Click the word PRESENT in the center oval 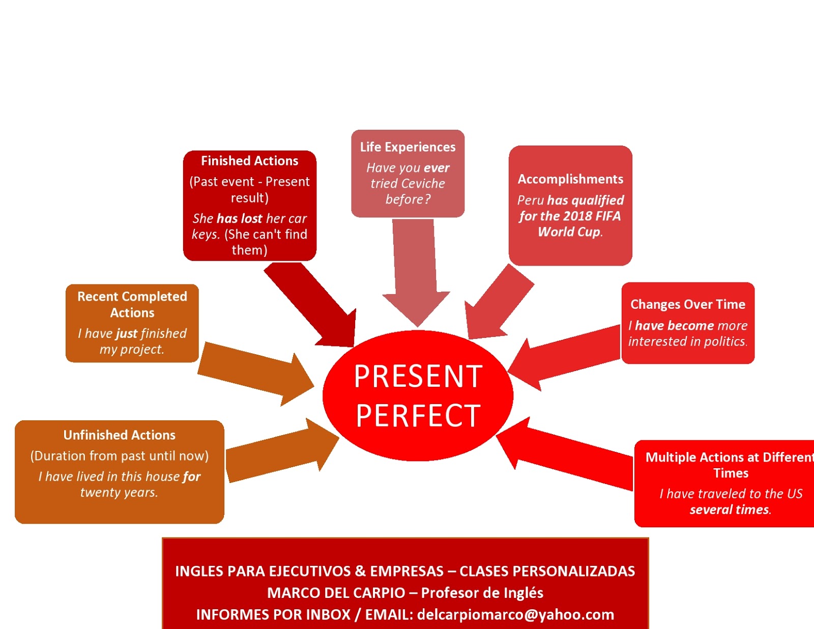pos(418,377)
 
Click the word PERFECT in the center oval pos(418,416)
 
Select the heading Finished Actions pos(249,161)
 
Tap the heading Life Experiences pos(408,147)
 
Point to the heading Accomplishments pos(570,179)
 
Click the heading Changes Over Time pos(688,304)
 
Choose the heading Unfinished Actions pos(120,435)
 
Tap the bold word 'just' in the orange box pos(127,333)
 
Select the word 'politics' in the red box pos(725,341)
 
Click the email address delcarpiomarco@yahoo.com pos(515,615)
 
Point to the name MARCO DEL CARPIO pos(336,593)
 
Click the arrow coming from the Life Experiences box pos(416,275)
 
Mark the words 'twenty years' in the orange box pos(119,493)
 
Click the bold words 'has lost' pos(239,219)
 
